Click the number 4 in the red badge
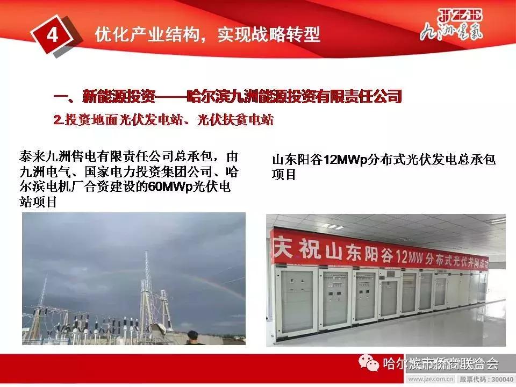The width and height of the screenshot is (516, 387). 53,35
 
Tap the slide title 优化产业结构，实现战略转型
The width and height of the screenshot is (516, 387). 207,35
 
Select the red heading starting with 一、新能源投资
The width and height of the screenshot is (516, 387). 228,97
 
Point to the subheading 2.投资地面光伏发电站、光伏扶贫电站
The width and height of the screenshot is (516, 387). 164,120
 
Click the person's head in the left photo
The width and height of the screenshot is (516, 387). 190,339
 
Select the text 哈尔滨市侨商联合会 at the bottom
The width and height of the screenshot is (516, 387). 441,364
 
